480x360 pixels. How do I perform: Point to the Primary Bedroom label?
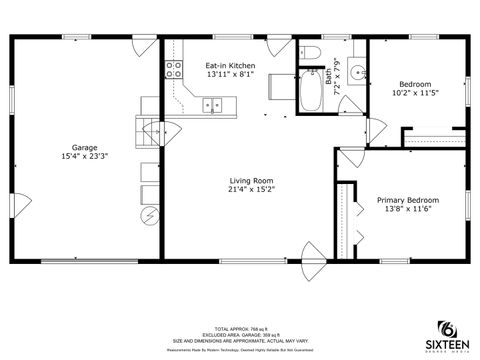(x=408, y=199)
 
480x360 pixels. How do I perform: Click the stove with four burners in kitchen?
(x=174, y=69)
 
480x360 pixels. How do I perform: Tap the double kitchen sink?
(x=212, y=103)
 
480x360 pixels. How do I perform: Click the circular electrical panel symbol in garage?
(x=149, y=215)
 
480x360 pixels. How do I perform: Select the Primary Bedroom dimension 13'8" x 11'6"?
(x=408, y=209)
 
